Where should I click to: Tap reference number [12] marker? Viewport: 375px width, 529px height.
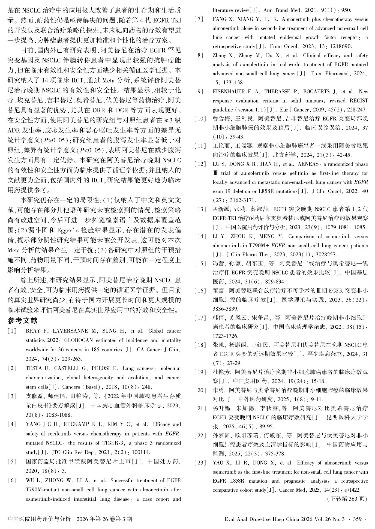[x=200, y=164]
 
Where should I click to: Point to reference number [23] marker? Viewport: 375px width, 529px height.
[x=200, y=463]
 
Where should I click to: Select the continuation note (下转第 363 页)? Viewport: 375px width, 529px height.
[x=347, y=499]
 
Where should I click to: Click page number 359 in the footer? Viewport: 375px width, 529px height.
[x=357, y=519]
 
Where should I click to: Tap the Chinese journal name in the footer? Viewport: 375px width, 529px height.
[x=39, y=519]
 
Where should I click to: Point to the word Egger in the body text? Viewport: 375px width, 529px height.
[x=65, y=230]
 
